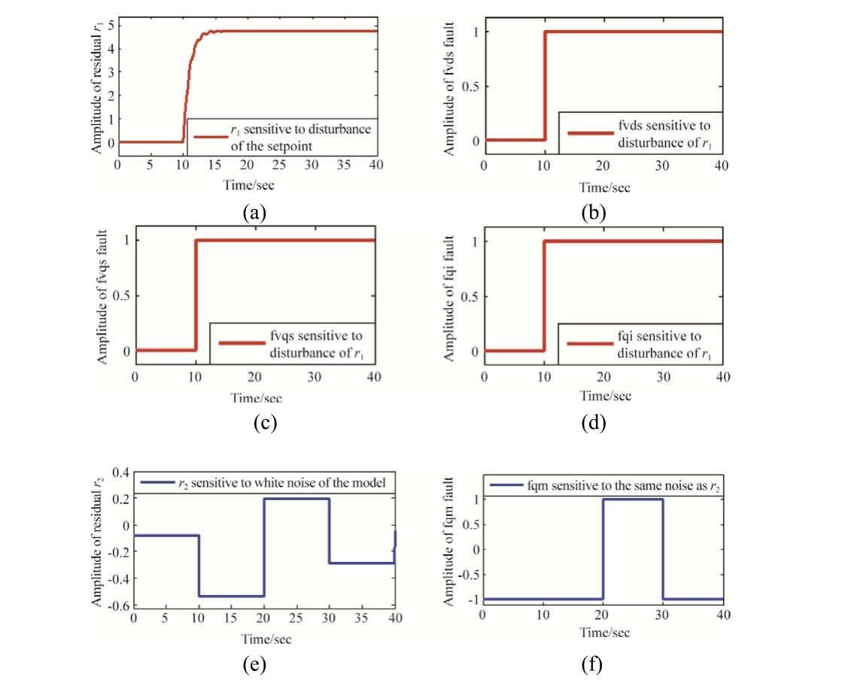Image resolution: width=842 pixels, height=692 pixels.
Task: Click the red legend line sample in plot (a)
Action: [x=210, y=137]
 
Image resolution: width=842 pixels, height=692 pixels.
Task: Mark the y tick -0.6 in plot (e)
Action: [x=118, y=605]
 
